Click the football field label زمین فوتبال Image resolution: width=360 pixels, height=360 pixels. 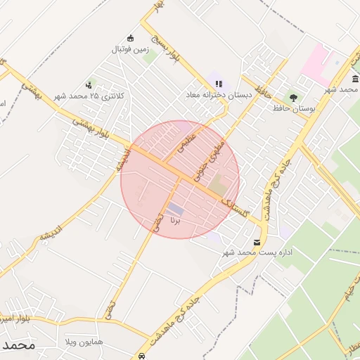(129, 50)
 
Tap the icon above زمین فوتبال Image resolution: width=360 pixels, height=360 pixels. (130, 38)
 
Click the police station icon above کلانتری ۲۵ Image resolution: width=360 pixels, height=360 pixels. (88, 84)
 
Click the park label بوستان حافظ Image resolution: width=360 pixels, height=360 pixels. (296, 109)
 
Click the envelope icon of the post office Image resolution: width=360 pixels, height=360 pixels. (255, 242)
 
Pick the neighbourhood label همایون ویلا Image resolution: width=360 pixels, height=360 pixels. (84, 341)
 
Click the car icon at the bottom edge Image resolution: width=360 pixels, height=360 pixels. (143, 356)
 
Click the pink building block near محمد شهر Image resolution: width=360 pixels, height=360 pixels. (314, 62)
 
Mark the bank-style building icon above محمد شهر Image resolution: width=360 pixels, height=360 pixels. (354, 79)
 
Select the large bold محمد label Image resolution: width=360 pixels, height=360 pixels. (18, 346)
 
